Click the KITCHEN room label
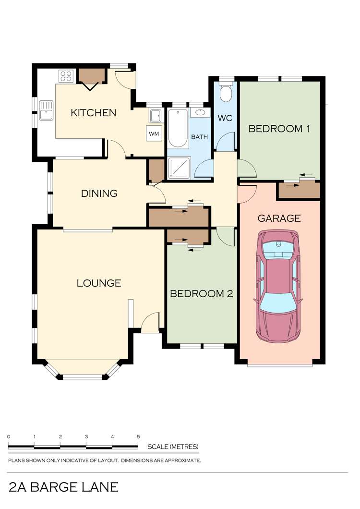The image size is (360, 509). [94, 113]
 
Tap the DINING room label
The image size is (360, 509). [99, 194]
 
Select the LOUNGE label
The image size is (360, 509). [99, 283]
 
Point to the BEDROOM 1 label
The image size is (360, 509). [279, 129]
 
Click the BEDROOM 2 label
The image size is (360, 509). [202, 294]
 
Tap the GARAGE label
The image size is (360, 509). [279, 218]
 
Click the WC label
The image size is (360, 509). [225, 118]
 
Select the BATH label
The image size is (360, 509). [199, 137]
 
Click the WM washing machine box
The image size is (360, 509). [154, 133]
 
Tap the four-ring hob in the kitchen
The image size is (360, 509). [66, 77]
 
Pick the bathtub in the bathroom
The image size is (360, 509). [178, 129]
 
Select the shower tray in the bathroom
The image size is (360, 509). [179, 168]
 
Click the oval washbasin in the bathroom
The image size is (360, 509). [200, 113]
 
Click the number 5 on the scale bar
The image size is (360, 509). [138, 436]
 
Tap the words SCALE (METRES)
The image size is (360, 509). [173, 447]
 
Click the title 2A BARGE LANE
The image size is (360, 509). [64, 487]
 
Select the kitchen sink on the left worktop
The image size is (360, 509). [46, 110]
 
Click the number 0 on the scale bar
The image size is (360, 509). [9, 436]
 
